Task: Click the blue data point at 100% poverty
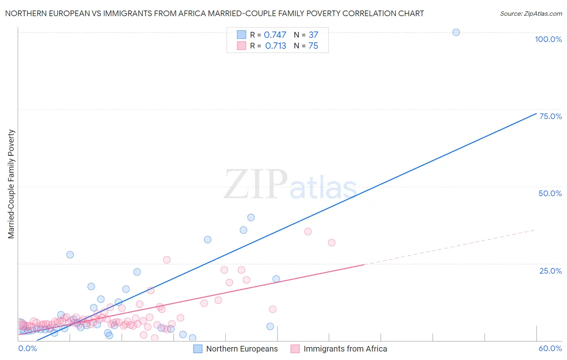coord(456,32)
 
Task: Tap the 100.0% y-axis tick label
coord(548,39)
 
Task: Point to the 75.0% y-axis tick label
coord(550,116)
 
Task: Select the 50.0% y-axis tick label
coord(550,193)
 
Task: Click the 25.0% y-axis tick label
coord(550,271)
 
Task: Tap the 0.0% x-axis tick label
coord(27,348)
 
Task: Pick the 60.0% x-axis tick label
coord(550,348)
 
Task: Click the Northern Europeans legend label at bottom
coord(242,349)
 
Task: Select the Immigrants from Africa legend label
coord(345,349)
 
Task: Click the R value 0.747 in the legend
coord(275,35)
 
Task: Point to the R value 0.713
coord(275,46)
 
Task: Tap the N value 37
coord(313,35)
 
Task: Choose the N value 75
coord(313,46)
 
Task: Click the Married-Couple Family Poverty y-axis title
coord(11,184)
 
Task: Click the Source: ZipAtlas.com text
coord(531,14)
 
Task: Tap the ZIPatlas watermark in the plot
coord(290,185)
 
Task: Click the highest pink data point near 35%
coord(308,232)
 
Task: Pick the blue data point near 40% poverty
coord(251,218)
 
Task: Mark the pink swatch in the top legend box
coord(242,46)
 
